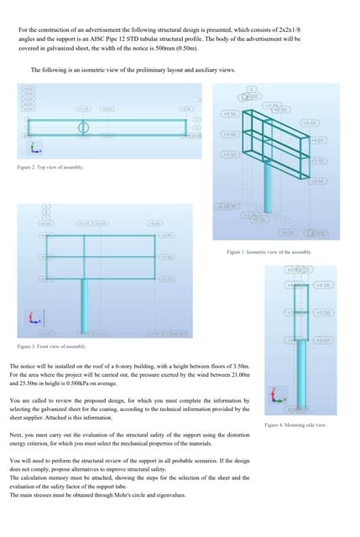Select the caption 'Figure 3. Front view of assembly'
click(51, 347)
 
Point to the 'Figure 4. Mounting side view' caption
click(295, 425)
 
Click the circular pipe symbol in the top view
click(82, 128)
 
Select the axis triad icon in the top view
click(33, 149)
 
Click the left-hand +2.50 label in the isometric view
click(227, 154)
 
